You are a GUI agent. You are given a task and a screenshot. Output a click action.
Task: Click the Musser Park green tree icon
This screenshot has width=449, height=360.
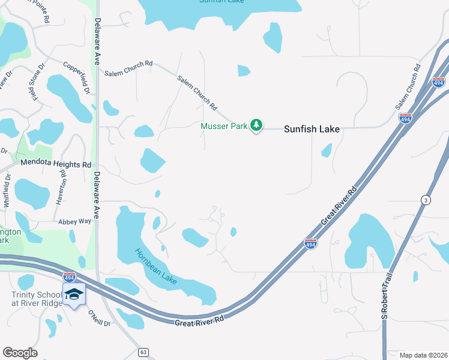click(257, 125)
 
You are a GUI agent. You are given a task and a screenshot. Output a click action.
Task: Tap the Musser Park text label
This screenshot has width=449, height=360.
click(224, 125)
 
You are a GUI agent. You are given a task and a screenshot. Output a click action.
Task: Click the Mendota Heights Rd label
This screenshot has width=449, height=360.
click(56, 163)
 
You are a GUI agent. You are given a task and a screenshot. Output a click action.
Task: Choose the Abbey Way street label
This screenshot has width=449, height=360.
click(74, 221)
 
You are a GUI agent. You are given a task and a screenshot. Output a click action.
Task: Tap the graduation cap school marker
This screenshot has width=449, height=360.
click(74, 295)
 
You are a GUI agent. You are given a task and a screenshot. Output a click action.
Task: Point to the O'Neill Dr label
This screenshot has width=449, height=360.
click(99, 318)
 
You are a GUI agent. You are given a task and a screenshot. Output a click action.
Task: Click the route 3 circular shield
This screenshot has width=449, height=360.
click(425, 200)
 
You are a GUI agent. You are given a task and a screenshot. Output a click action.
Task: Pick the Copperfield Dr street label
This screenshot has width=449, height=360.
click(77, 78)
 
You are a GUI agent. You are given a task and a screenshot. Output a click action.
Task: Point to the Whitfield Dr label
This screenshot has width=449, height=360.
click(7, 191)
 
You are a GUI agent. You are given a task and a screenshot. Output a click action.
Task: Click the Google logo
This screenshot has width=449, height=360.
click(20, 353)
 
